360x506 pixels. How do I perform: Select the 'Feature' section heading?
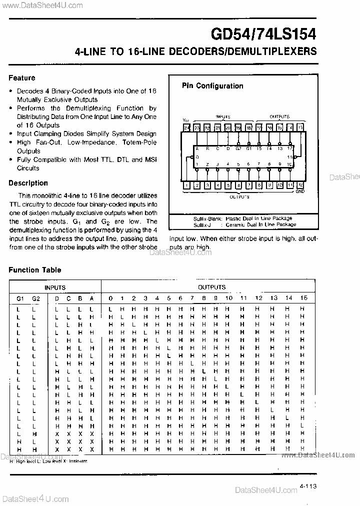(22, 78)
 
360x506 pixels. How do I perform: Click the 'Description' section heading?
(28, 183)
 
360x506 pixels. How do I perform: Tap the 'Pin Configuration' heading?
(212, 86)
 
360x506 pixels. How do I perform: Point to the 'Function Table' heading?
(35, 270)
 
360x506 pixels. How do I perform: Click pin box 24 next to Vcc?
(186, 128)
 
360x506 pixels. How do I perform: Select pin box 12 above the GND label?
(300, 185)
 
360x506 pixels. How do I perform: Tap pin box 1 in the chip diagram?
(186, 185)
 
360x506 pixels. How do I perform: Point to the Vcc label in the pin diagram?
(186, 120)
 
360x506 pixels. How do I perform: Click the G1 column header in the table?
(20, 298)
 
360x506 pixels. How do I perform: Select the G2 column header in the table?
(35, 298)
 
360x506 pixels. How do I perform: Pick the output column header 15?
(303, 298)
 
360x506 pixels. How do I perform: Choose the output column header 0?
(110, 298)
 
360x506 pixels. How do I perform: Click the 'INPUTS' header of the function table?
(55, 287)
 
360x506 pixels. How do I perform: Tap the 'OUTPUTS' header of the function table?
(211, 287)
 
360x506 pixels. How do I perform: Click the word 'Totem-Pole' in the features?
(139, 142)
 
